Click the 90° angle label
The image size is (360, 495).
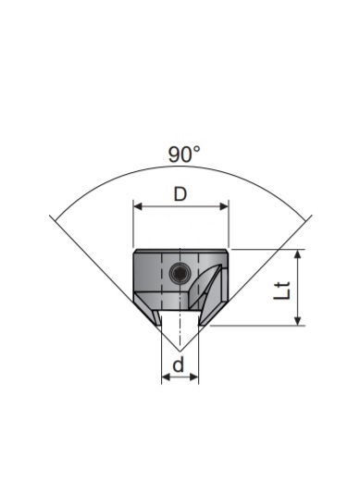point(184,155)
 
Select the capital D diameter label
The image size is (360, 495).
point(180,194)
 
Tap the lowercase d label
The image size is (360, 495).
point(179,365)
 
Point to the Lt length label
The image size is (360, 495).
point(281,291)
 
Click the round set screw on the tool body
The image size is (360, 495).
point(180,273)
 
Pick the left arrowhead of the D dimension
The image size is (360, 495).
point(138,206)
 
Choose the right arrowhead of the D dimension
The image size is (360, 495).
point(224,206)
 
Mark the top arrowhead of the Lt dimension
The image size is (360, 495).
point(297,254)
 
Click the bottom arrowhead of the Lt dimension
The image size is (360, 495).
point(297,321)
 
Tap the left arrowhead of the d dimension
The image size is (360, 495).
point(166,377)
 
